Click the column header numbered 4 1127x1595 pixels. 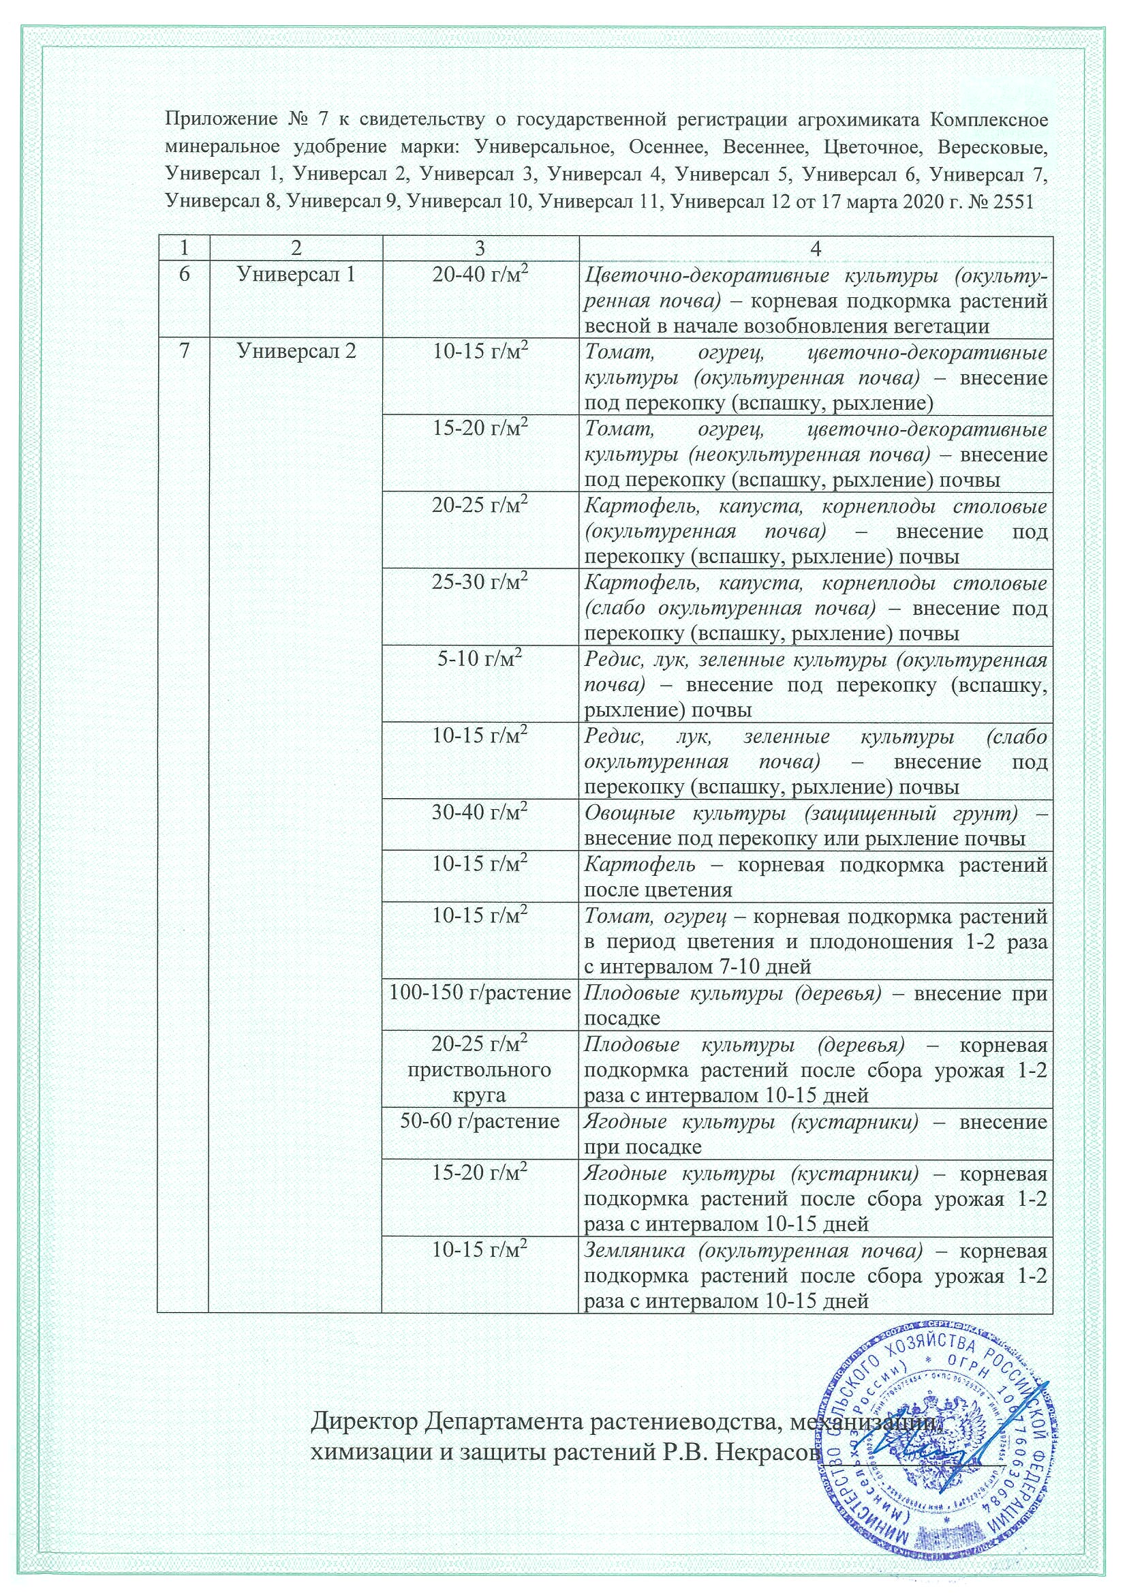click(x=816, y=249)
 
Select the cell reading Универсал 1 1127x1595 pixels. click(x=296, y=275)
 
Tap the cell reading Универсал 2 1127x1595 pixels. click(x=296, y=352)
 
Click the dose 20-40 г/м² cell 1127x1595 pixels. click(x=480, y=276)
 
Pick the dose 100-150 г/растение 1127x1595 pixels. click(x=480, y=992)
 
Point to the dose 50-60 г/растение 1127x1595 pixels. click(x=480, y=1121)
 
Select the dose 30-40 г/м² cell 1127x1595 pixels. click(x=480, y=812)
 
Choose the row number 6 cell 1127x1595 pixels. click(x=184, y=275)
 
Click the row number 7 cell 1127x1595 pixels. click(x=184, y=352)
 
